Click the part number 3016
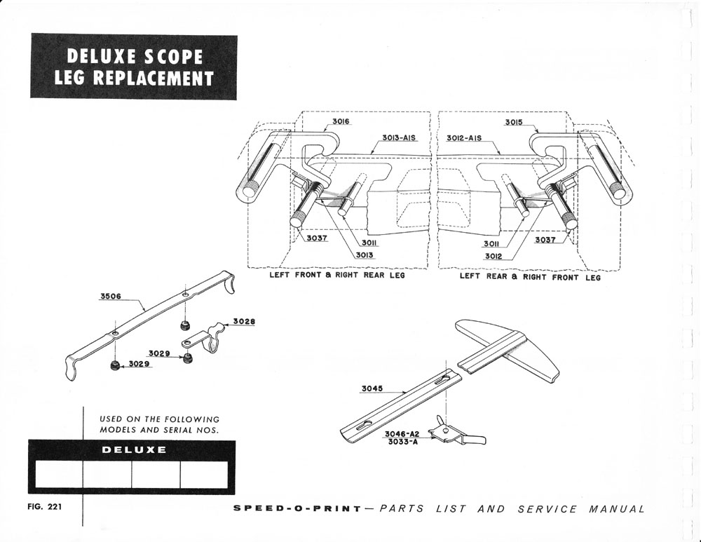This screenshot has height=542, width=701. pyautogui.click(x=341, y=122)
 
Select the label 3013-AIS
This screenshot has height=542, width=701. pyautogui.click(x=400, y=138)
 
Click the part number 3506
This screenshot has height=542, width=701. pyautogui.click(x=111, y=297)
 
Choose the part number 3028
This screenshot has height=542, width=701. pyautogui.click(x=244, y=322)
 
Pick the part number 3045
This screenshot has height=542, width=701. pyautogui.click(x=372, y=388)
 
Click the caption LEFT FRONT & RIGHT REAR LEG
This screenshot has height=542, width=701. pyautogui.click(x=337, y=276)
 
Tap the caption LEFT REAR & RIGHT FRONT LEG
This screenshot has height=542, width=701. pyautogui.click(x=530, y=277)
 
